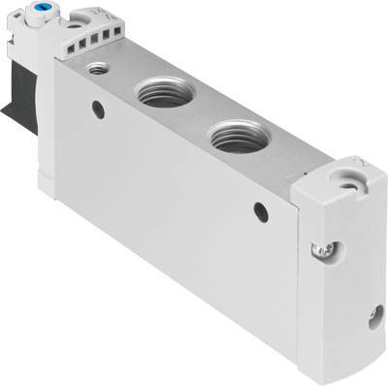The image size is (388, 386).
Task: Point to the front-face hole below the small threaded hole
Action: point(98,111)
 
